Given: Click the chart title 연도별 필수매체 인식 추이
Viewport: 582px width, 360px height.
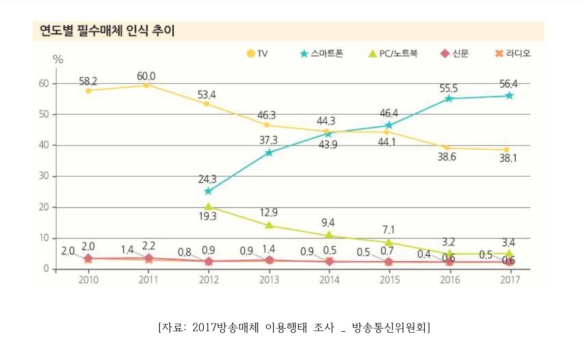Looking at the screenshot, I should tap(107, 31).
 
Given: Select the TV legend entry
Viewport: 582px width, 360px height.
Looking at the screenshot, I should tap(257, 53).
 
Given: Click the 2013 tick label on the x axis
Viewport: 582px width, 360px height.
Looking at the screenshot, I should tap(269, 280).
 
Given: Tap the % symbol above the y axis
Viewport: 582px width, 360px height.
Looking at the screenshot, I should tap(58, 60).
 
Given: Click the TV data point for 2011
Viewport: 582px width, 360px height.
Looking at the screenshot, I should tap(147, 85).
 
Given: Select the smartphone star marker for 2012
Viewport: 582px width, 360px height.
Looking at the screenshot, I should tap(208, 191).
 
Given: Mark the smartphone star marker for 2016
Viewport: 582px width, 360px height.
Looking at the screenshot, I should tap(449, 98).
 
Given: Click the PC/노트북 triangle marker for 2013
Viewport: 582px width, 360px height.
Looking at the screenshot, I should tap(269, 225).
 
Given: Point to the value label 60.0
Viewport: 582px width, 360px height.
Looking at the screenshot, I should tap(146, 76).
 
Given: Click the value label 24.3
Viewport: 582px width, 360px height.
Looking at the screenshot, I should tap(207, 180).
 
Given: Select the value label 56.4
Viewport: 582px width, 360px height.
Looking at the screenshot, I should tap(509, 84).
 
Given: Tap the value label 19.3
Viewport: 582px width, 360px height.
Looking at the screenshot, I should tap(208, 216).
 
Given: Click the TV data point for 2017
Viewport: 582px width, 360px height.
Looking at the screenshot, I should tap(507, 150).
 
